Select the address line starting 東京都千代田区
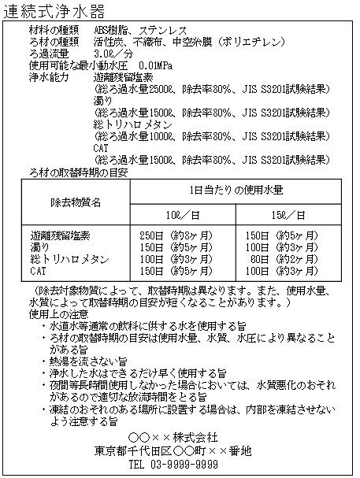point(180,451)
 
